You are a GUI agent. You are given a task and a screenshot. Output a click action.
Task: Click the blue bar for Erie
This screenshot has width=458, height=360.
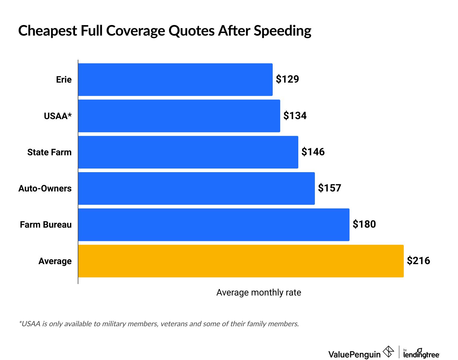tap(175, 80)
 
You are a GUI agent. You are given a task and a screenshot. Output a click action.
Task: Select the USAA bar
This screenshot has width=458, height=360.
tap(179, 116)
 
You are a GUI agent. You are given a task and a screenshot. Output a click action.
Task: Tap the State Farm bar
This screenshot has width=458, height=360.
tap(188, 152)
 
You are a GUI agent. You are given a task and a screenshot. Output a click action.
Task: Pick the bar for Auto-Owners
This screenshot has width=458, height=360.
tap(196, 188)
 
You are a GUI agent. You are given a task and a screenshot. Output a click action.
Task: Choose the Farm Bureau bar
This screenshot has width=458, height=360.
tap(214, 225)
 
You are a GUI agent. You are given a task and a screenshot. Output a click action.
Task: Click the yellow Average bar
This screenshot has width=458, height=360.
tap(241, 261)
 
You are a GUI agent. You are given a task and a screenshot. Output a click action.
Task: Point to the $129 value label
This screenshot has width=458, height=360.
tap(287, 79)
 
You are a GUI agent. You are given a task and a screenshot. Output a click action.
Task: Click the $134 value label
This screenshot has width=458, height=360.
tap(295, 115)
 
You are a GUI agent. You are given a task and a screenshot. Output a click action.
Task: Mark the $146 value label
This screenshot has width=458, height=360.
tap(313, 152)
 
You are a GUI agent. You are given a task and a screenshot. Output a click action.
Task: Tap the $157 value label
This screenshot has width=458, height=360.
tap(330, 188)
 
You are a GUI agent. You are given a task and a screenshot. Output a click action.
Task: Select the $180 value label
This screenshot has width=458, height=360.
tap(364, 224)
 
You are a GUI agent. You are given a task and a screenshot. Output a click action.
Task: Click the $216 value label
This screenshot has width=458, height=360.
tap(419, 261)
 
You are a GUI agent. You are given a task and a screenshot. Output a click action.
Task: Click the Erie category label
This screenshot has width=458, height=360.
tap(64, 80)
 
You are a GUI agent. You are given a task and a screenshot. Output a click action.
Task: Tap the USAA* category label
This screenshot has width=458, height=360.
tap(58, 116)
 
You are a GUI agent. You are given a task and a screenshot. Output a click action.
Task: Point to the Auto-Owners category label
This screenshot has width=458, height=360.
tap(45, 188)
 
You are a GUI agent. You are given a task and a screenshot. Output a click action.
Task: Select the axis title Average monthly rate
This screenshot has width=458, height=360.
tap(259, 292)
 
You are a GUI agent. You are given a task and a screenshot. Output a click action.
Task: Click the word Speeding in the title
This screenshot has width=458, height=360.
tap(282, 31)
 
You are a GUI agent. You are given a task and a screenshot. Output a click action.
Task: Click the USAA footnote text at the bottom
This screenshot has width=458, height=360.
tap(159, 324)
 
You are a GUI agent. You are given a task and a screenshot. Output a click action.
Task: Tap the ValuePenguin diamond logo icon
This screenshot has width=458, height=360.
tap(388, 352)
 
